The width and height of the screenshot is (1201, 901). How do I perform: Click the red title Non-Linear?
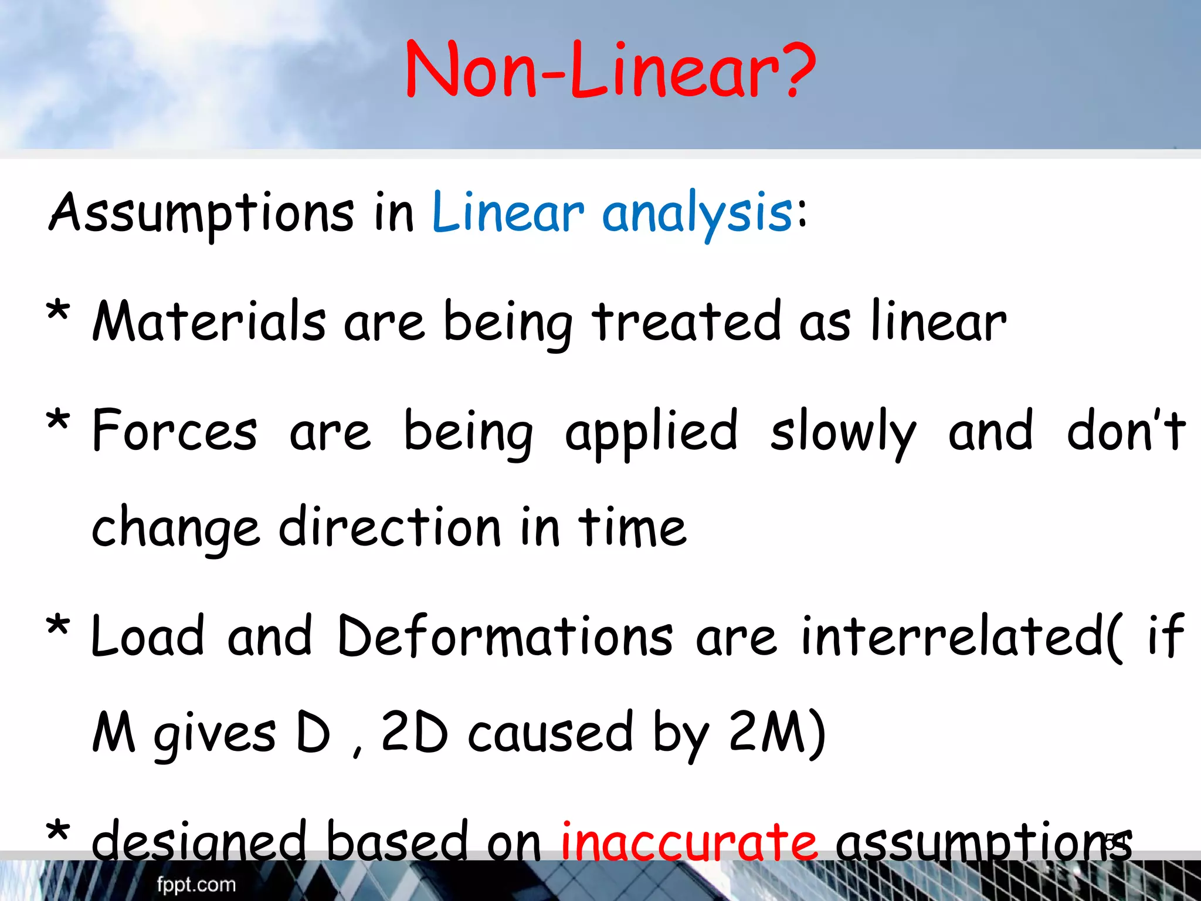[x=610, y=70]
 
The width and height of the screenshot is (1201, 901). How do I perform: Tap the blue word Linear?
[x=508, y=212]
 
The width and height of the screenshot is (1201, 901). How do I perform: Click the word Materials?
[x=209, y=321]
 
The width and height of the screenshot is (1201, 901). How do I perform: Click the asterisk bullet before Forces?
[x=58, y=421]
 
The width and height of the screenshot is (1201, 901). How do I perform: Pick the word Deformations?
[x=505, y=636]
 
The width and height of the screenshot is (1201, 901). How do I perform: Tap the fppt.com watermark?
[x=196, y=885]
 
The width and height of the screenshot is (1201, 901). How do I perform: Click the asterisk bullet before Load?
[x=58, y=628]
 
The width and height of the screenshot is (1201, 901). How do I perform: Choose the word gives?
[x=214, y=734]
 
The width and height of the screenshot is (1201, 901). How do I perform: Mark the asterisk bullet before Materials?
[x=58, y=311]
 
